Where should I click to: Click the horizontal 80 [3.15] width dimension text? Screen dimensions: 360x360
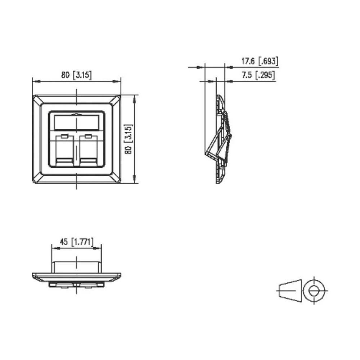[x=76, y=75]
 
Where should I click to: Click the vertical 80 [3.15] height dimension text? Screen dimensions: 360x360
[x=129, y=139]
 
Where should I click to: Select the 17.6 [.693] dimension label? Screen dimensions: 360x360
[x=260, y=61]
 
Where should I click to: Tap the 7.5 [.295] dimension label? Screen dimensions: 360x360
[x=258, y=75]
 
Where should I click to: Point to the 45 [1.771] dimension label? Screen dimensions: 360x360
[x=76, y=242]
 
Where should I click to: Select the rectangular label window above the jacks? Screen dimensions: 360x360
[x=77, y=122]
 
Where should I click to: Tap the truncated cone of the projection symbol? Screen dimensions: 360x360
[x=290, y=289]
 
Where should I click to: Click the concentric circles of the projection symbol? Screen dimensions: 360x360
[x=314, y=290]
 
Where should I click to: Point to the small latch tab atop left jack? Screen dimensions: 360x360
[x=64, y=136]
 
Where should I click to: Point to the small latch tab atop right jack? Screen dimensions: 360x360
[x=89, y=136]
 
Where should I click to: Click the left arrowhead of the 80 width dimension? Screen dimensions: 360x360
[x=35, y=81]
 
